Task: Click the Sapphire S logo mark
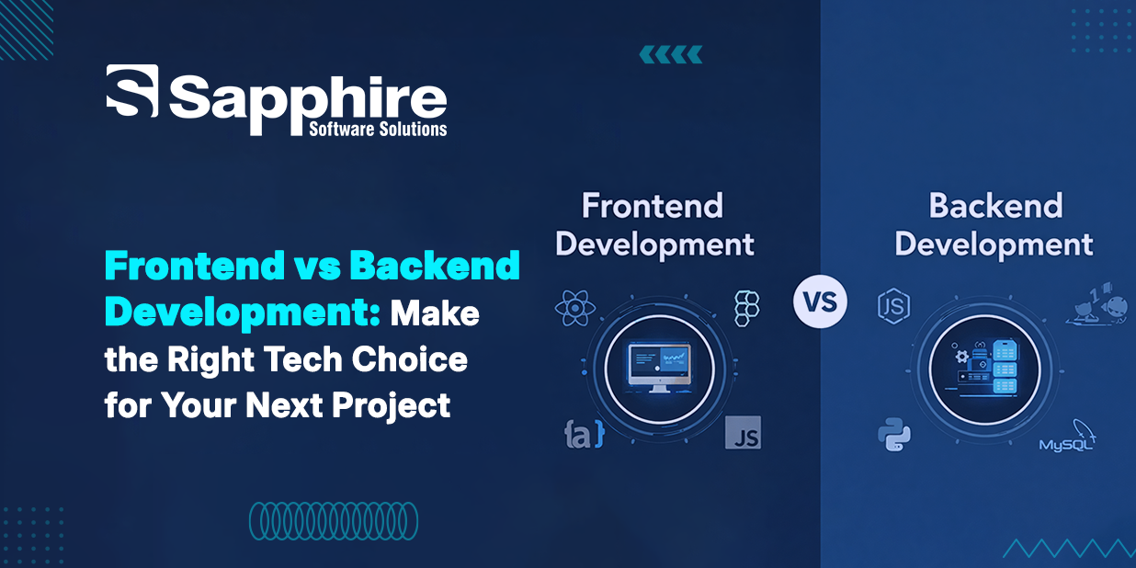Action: pyautogui.click(x=131, y=91)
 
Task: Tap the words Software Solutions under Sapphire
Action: pyautogui.click(x=378, y=129)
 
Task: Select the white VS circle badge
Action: pyautogui.click(x=820, y=301)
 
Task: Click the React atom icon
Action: pyautogui.click(x=575, y=308)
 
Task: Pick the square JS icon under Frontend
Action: pyautogui.click(x=743, y=433)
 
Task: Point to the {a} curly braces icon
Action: pyautogui.click(x=585, y=434)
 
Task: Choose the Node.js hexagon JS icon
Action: pyautogui.click(x=893, y=306)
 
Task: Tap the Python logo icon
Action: pyautogui.click(x=894, y=434)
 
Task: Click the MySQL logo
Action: pyautogui.click(x=1067, y=437)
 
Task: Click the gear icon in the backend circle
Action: pyautogui.click(x=961, y=357)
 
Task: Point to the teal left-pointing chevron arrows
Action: pyautogui.click(x=671, y=54)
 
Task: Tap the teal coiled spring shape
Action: pyautogui.click(x=334, y=521)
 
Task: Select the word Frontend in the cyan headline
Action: pyautogui.click(x=195, y=266)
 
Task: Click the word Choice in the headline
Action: pyautogui.click(x=409, y=359)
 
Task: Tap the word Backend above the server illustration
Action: pyautogui.click(x=995, y=205)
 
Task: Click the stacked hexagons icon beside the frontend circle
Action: pyautogui.click(x=747, y=308)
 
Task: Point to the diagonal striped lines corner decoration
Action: pyautogui.click(x=27, y=29)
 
